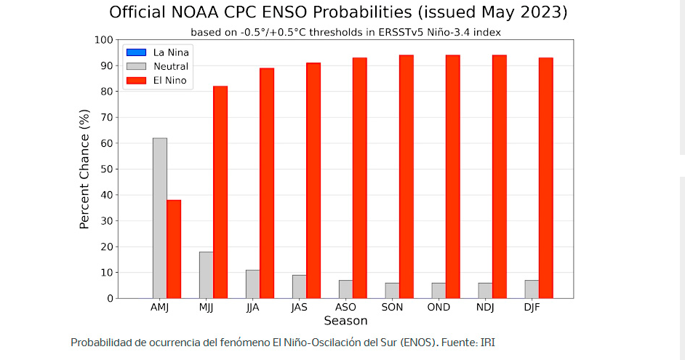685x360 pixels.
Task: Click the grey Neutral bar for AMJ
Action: coord(160,218)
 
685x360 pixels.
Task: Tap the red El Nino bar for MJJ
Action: coord(220,192)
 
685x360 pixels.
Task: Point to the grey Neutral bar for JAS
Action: coord(300,287)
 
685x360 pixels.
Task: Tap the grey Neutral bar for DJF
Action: coord(532,289)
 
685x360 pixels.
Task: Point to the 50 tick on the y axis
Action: coord(106,169)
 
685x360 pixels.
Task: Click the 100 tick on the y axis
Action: coord(103,40)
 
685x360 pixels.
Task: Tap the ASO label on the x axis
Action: coord(345,308)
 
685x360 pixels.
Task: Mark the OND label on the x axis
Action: coord(438,308)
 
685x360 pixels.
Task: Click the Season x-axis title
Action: coord(345,321)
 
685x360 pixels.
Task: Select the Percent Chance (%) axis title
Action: coord(84,169)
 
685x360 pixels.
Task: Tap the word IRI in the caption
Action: coord(487,343)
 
